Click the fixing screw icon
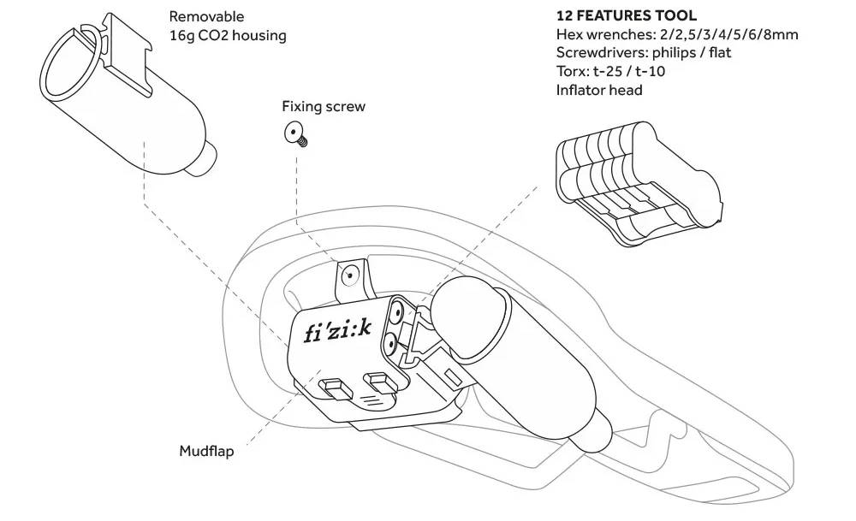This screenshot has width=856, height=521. click(x=297, y=133)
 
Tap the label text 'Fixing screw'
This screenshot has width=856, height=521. click(x=324, y=107)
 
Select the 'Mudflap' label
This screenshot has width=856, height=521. click(x=206, y=452)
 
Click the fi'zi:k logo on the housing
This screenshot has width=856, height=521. click(x=337, y=329)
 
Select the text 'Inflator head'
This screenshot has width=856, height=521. click(x=599, y=90)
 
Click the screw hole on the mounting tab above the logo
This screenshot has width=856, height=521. click(x=349, y=275)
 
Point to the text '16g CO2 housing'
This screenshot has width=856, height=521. click(x=228, y=35)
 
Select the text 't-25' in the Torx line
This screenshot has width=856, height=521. click(x=613, y=71)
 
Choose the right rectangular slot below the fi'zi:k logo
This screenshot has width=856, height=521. click(x=377, y=379)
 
